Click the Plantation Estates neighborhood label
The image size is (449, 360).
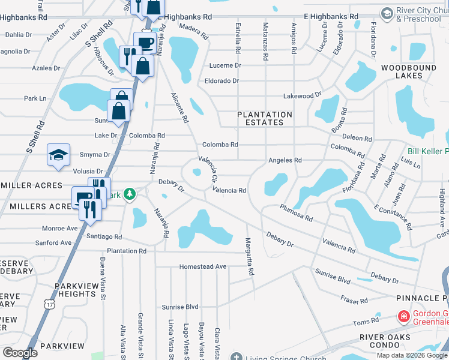click(x=265, y=118)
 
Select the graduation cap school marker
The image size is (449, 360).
click(x=59, y=155)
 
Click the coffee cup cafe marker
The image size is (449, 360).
click(x=145, y=43)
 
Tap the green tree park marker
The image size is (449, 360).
click(x=129, y=195)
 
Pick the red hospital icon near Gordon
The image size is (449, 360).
click(x=404, y=316)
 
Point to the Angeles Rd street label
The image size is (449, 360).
click(x=285, y=160)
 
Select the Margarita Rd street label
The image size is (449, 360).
click(x=249, y=256)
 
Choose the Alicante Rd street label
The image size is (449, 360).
click(x=180, y=107)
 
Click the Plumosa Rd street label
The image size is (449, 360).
click(x=296, y=212)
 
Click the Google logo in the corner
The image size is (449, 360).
click(x=20, y=353)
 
